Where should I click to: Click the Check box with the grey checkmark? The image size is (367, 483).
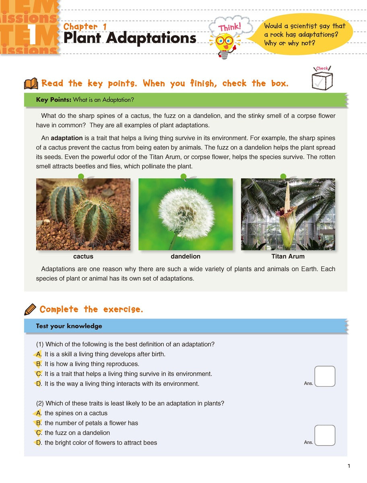pyautogui.click(x=322, y=80)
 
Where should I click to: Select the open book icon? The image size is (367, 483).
pyautogui.click(x=31, y=84)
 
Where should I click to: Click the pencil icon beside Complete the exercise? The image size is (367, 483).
pyautogui.click(x=30, y=309)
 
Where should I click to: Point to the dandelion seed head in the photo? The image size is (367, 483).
pyautogui.click(x=186, y=212)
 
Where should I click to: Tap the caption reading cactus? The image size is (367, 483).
pyautogui.click(x=83, y=256)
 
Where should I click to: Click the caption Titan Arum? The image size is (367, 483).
pyautogui.click(x=288, y=256)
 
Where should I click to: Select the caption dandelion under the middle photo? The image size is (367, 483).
pyautogui.click(x=186, y=256)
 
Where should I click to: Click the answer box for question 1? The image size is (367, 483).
pyautogui.click(x=325, y=376)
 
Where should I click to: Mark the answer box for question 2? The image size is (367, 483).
pyautogui.click(x=325, y=435)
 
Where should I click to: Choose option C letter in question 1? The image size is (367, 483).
pyautogui.click(x=39, y=374)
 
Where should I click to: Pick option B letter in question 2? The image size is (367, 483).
pyautogui.click(x=39, y=423)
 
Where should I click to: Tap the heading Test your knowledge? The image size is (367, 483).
pyautogui.click(x=69, y=326)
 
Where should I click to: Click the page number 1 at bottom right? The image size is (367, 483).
pyautogui.click(x=348, y=466)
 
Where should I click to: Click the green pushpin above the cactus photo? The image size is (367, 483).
pyautogui.click(x=81, y=176)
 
